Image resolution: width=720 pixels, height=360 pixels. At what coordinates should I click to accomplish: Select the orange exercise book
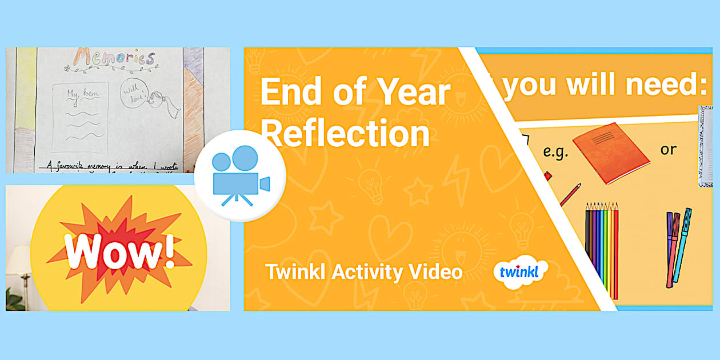click(x=611, y=153)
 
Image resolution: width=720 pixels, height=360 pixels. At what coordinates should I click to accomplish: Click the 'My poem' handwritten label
click(x=79, y=94)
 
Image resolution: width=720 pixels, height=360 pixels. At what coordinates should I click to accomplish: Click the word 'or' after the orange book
click(x=668, y=150)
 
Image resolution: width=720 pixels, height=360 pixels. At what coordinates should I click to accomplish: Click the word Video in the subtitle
click(x=435, y=272)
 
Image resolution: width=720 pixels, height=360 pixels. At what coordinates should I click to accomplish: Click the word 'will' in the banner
click(x=591, y=85)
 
